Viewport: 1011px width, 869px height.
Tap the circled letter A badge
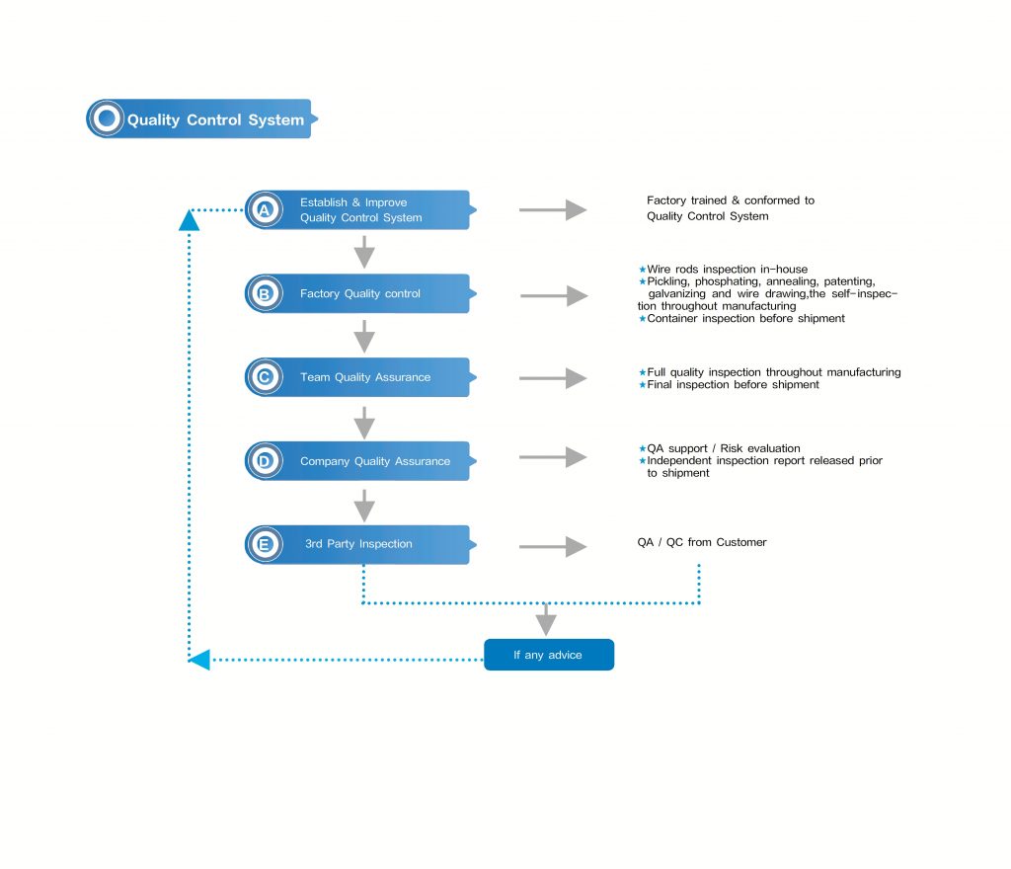point(264,209)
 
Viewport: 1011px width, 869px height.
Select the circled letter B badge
point(264,293)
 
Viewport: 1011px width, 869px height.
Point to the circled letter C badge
point(264,377)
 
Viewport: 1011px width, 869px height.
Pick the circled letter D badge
point(264,461)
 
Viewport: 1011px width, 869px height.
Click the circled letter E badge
point(264,544)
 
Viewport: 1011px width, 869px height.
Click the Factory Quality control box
point(370,293)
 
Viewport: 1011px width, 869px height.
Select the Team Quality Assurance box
point(370,377)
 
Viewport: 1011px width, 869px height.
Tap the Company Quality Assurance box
point(375,461)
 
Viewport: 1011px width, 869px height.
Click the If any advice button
point(548,655)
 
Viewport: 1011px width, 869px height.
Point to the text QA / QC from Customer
point(702,542)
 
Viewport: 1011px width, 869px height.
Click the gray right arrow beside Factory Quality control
point(553,295)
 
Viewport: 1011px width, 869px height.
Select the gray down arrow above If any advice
point(546,621)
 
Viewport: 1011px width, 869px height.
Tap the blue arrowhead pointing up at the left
point(190,221)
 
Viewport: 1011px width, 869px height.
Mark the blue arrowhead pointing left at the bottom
point(199,659)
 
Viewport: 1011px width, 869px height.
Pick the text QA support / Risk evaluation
point(723,448)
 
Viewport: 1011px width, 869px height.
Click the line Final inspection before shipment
point(733,385)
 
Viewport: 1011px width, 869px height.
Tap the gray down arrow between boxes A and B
point(364,252)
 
